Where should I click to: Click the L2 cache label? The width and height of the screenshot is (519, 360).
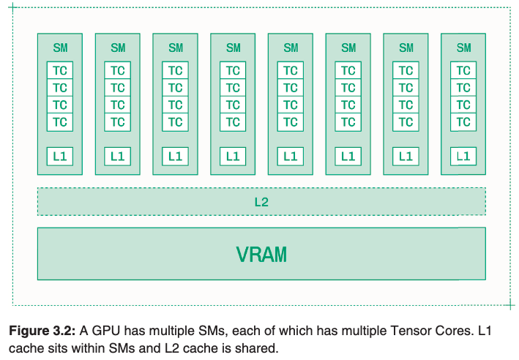click(x=261, y=202)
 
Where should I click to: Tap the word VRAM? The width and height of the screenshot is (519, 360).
click(x=261, y=255)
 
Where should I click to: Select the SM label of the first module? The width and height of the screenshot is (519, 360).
click(x=60, y=48)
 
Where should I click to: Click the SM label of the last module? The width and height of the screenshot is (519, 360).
click(x=463, y=48)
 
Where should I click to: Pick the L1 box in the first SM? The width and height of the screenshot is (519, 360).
click(x=60, y=156)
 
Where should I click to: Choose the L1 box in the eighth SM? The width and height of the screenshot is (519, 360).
click(x=463, y=156)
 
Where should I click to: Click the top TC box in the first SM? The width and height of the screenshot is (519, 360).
click(x=60, y=70)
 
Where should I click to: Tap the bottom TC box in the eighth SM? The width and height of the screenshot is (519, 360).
click(x=463, y=122)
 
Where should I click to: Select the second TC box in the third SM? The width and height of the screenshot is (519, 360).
click(x=175, y=88)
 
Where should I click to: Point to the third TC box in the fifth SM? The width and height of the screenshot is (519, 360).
click(x=291, y=105)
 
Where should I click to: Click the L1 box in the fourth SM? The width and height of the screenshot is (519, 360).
click(x=233, y=156)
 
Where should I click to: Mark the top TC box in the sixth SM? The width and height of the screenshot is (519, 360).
click(x=348, y=70)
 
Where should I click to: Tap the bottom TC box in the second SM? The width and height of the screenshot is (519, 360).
click(x=118, y=122)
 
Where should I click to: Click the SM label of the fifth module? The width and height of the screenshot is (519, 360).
click(x=291, y=48)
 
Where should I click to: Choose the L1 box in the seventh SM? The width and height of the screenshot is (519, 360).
click(x=406, y=156)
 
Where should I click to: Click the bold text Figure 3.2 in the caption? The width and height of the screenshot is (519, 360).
click(x=42, y=331)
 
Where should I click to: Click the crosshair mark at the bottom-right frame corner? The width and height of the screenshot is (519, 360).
click(x=510, y=305)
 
